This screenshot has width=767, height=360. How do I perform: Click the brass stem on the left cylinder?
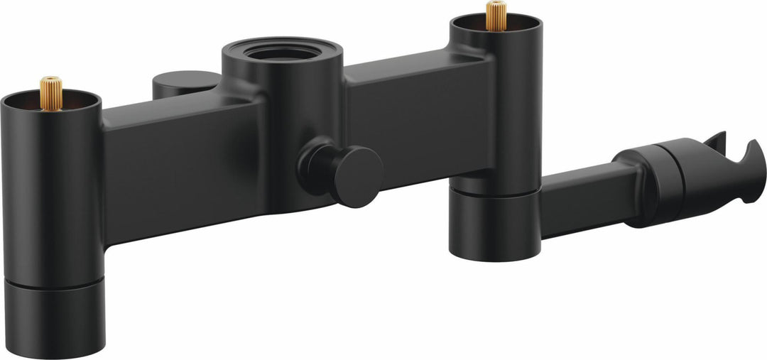tap(50, 92)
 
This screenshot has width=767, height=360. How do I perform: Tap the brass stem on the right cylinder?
tap(496, 16)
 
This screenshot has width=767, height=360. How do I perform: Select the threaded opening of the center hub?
tap(283, 52)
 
